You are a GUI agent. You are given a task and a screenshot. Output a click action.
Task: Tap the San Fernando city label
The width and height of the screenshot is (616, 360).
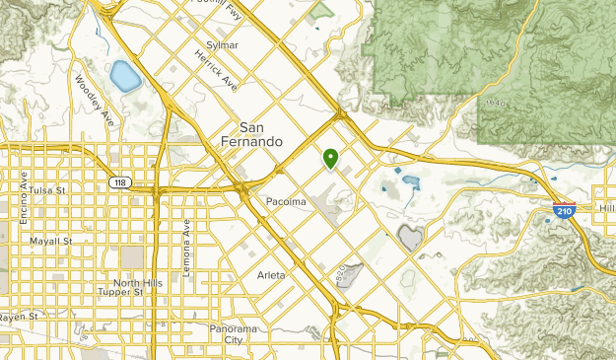[x=261, y=134]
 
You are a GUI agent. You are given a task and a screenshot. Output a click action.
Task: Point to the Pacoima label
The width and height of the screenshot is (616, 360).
[x=287, y=202]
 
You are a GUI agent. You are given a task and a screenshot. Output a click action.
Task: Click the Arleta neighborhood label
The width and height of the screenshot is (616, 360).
[x=271, y=275]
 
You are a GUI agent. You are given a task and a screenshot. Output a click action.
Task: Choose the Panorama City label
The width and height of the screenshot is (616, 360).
[x=233, y=333]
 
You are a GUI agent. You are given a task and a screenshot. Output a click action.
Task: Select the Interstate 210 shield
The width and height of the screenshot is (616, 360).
[x=565, y=210]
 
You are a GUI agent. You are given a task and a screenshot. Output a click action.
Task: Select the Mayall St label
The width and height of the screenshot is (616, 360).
[x=51, y=241]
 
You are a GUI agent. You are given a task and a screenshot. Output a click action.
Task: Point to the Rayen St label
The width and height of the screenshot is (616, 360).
[x=19, y=317]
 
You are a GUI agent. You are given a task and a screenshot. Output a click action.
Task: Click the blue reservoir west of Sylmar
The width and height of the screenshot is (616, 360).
[x=123, y=74]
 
